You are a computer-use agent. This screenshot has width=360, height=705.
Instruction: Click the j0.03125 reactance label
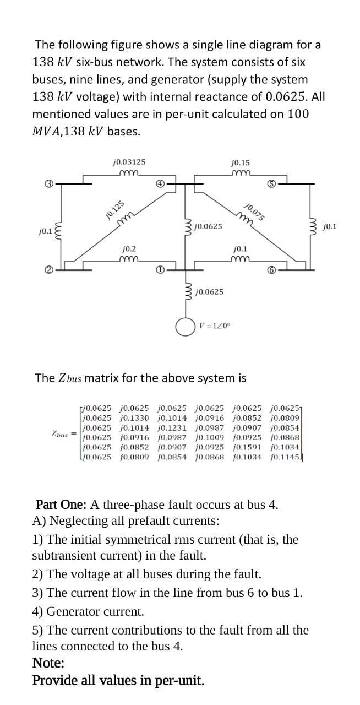(x=128, y=162)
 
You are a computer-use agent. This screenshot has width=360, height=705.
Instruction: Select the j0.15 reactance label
(x=241, y=162)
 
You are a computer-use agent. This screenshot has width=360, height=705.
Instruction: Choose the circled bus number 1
(x=159, y=270)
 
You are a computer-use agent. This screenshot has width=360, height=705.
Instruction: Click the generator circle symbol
(x=184, y=326)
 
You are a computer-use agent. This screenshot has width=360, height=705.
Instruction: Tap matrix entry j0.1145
(x=285, y=457)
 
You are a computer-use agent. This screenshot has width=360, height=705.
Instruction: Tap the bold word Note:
(x=48, y=663)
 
